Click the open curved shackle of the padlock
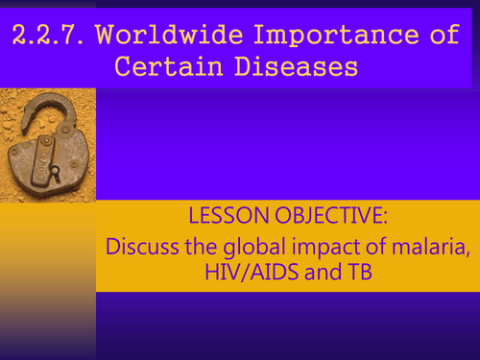tap(43, 106)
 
